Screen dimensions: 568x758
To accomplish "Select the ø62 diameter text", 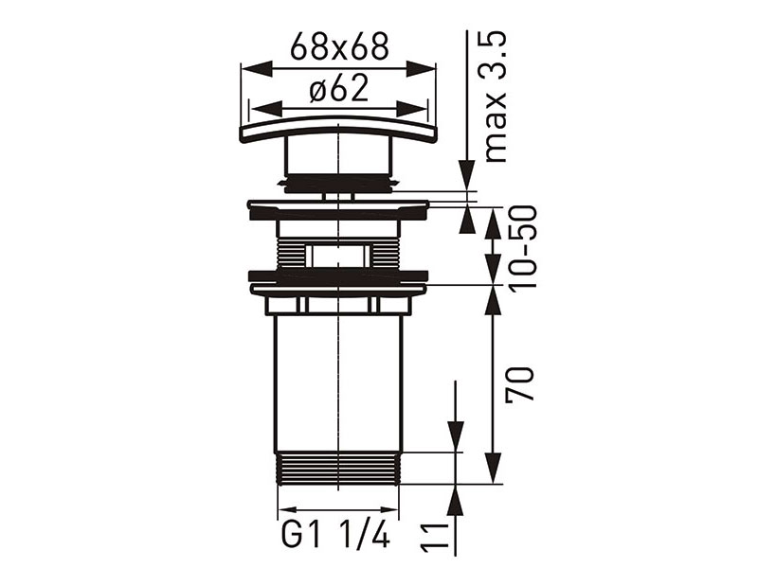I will (x=338, y=90).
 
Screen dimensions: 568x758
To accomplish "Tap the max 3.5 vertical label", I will (x=496, y=95).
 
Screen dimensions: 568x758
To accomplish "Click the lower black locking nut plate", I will (x=338, y=278).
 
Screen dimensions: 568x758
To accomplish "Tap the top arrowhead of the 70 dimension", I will (x=493, y=295).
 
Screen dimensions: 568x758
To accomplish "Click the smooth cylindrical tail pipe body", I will (x=338, y=379).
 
